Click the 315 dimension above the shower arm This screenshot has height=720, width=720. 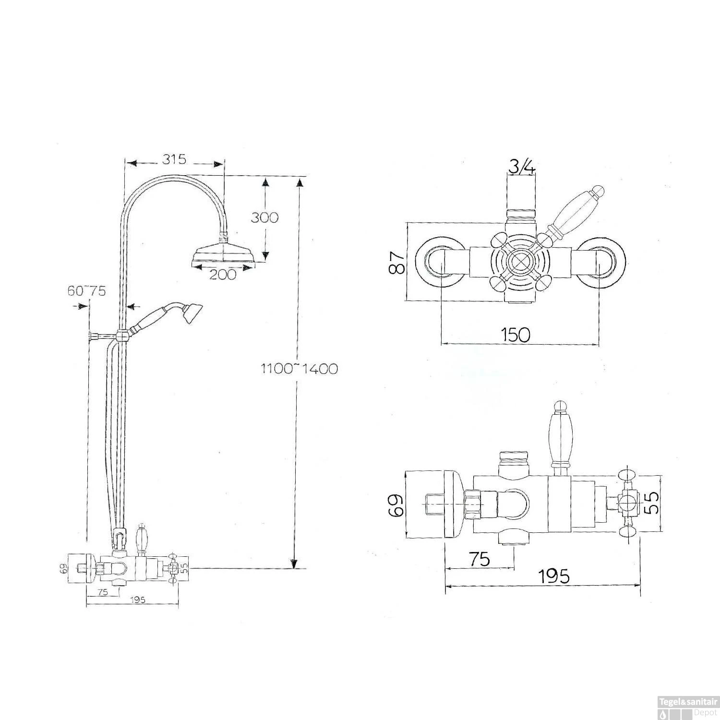tap(174, 159)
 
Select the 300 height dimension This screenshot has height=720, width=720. tap(264, 217)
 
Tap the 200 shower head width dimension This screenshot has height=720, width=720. tap(222, 275)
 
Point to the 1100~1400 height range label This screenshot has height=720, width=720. tap(299, 369)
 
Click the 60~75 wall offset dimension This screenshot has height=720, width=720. tap(86, 291)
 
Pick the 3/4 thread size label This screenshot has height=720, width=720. tap(521, 167)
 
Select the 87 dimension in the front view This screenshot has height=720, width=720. tap(396, 262)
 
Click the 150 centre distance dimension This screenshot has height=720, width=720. tap(516, 334)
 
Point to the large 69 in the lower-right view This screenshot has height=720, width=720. tap(396, 504)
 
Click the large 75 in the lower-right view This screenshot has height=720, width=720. tap(479, 559)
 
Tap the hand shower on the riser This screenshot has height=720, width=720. tap(168, 316)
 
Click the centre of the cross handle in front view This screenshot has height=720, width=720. tap(520, 262)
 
